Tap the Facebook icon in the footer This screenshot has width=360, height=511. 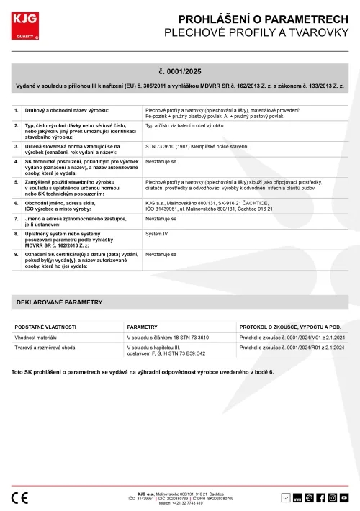[x=320, y=497]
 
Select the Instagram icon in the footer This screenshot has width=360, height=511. [x=333, y=497]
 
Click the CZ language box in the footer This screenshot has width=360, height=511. [x=285, y=497]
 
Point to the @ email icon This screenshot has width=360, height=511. [x=309, y=497]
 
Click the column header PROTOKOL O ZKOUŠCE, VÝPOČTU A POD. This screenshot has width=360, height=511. [x=294, y=326]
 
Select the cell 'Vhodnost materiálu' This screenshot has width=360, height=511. [x=37, y=337]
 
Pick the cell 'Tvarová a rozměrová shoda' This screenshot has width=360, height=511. [x=47, y=347]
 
